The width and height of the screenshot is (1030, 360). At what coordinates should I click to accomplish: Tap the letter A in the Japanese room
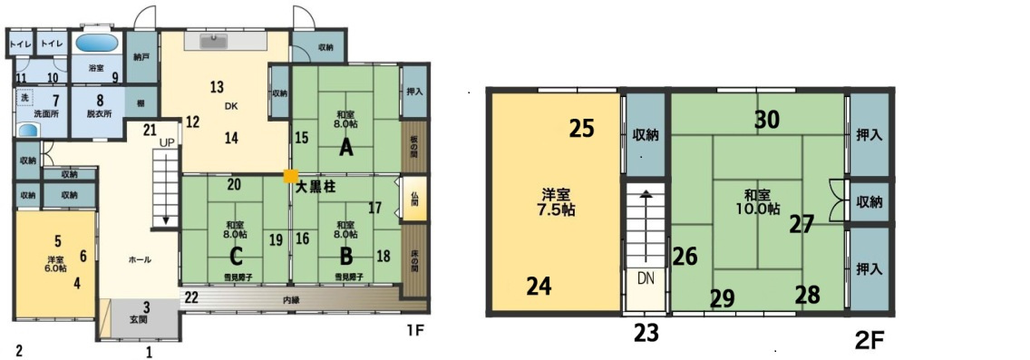[x=345, y=148]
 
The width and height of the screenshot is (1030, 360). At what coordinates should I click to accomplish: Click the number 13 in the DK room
[x=217, y=88]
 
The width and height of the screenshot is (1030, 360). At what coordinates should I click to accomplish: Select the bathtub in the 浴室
[x=95, y=43]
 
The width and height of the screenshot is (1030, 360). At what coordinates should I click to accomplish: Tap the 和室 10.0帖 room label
[x=760, y=200]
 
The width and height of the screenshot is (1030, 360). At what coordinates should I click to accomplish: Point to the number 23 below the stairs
[x=646, y=334]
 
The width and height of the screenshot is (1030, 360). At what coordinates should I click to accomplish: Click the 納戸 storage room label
[x=141, y=56]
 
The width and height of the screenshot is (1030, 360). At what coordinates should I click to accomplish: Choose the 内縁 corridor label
[x=291, y=298]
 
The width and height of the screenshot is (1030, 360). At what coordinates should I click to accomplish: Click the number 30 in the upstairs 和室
[x=766, y=119]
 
